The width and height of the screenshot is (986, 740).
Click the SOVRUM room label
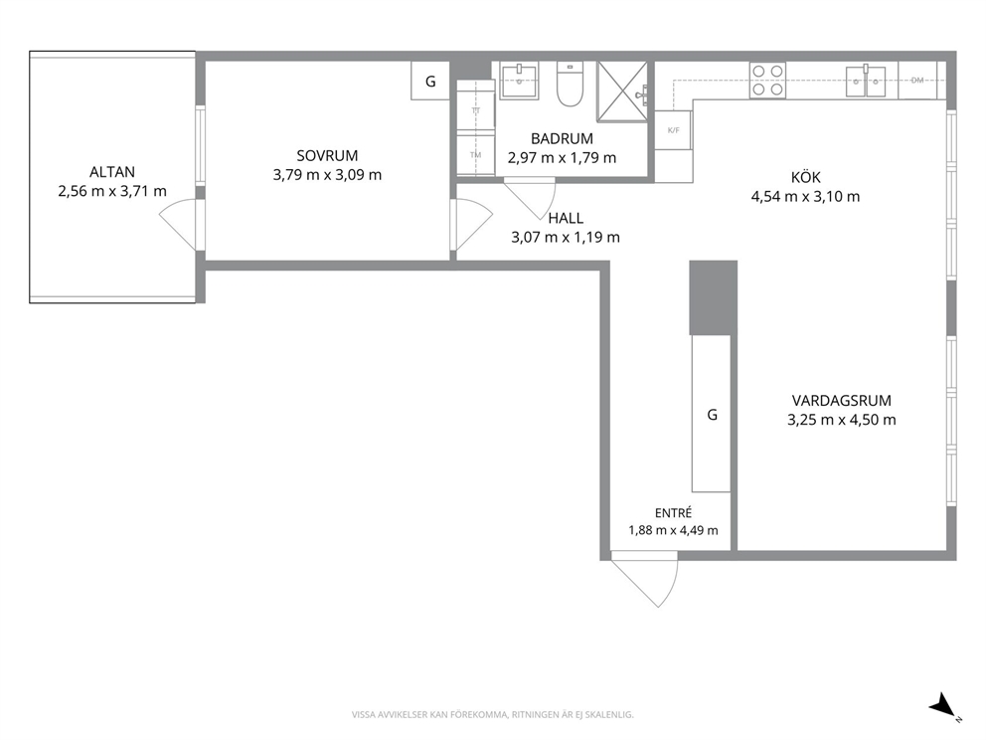point(327,155)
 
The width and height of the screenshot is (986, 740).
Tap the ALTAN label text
point(112,172)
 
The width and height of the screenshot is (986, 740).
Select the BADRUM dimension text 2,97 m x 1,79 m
point(563,158)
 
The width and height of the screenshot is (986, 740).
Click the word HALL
point(566,219)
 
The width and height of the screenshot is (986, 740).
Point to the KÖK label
point(805,177)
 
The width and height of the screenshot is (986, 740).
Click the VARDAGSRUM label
point(841,401)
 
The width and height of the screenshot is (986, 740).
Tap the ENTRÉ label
point(673,513)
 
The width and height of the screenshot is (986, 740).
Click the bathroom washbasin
point(519,81)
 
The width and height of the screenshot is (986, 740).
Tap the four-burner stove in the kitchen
point(767,81)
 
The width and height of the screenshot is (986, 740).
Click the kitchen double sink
point(866,81)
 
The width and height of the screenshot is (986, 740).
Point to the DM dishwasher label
point(917,80)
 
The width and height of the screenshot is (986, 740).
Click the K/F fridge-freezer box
point(674,130)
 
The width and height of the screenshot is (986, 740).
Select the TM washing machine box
point(475,155)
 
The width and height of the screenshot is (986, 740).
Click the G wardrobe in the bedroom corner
point(430,81)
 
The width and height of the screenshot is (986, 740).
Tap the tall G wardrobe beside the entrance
point(712,414)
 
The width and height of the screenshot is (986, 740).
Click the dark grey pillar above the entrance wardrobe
point(713,297)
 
